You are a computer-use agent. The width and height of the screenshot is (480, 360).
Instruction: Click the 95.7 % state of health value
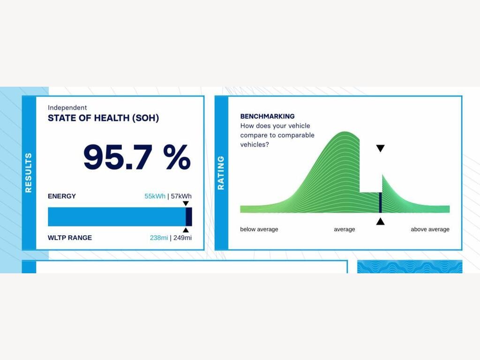(137, 157)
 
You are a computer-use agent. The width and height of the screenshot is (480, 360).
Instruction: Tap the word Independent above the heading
(67, 107)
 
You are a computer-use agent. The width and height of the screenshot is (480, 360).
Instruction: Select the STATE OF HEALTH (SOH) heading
(104, 118)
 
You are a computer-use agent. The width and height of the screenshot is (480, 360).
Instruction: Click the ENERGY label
(62, 196)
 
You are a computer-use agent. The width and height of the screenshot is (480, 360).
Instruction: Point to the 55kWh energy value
(155, 196)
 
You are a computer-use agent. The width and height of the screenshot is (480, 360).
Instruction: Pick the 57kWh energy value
(181, 196)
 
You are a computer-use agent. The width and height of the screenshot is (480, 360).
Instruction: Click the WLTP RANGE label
(70, 238)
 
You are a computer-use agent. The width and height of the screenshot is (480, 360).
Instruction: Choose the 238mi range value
(159, 238)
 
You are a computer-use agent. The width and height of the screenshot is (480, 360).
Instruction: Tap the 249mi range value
(182, 238)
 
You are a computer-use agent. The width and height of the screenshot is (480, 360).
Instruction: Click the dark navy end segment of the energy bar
(189, 217)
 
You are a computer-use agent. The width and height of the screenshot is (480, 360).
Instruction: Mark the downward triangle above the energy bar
(186, 203)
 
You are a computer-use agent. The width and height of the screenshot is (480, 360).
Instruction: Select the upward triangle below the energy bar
(186, 230)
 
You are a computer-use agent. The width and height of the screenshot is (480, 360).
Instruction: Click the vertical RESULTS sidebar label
(29, 172)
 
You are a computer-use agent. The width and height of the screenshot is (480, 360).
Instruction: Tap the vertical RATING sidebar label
(221, 172)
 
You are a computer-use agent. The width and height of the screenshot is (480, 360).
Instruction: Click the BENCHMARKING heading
(268, 116)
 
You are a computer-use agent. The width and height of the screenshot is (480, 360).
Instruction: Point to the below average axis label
(259, 229)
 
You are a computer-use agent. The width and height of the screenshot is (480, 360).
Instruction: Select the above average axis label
(430, 229)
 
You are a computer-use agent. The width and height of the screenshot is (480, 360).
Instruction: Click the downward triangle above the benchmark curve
(380, 149)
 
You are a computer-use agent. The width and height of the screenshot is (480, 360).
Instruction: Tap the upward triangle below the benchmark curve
(380, 221)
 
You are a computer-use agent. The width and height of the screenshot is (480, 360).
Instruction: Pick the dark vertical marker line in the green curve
(381, 202)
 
